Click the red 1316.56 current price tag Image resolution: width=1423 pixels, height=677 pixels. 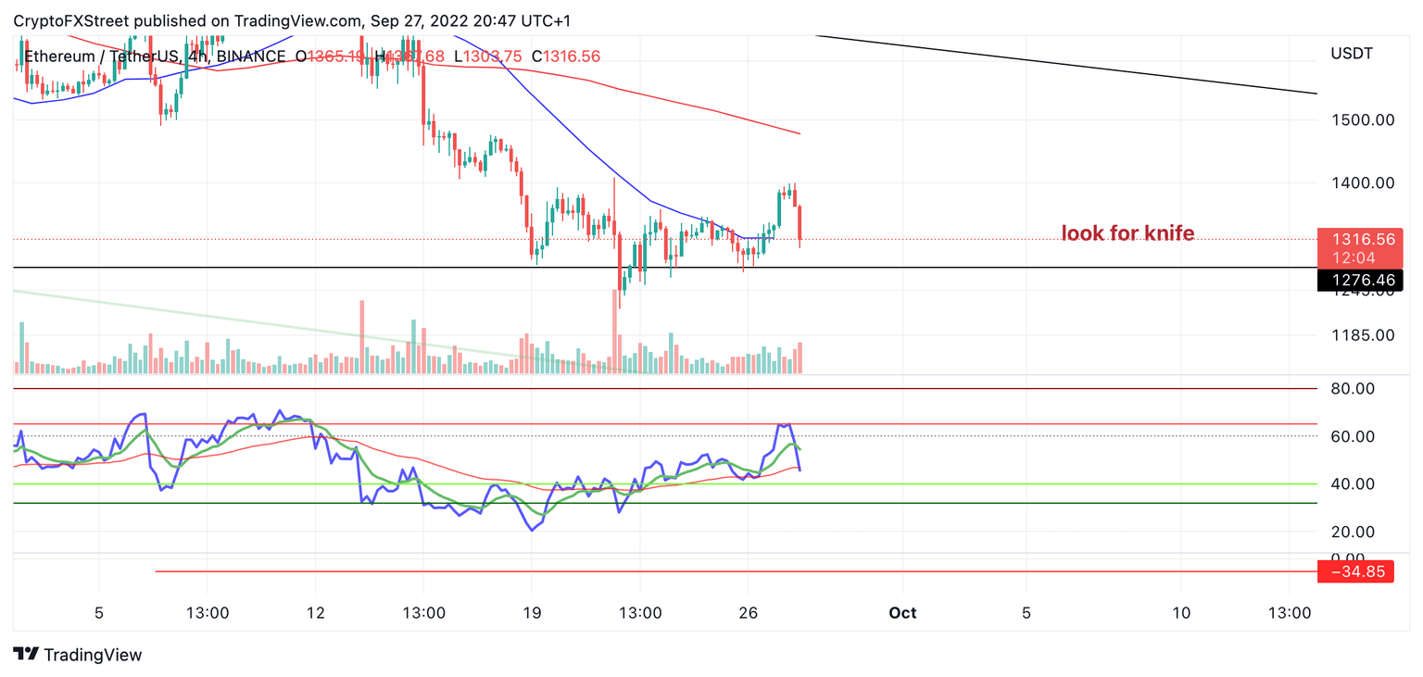point(1359,239)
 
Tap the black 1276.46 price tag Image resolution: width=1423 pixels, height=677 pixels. point(1359,280)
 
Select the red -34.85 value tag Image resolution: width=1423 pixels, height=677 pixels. point(1359,572)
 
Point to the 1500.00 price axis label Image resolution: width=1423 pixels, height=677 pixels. point(1362,119)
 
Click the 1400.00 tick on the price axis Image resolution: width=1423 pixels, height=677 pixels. point(1362,182)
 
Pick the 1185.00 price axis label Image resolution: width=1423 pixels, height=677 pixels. point(1362,335)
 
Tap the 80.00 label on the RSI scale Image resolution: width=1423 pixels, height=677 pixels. point(1353,388)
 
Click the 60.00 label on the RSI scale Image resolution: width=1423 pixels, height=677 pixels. point(1353,436)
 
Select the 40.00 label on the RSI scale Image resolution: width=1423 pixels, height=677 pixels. point(1353,483)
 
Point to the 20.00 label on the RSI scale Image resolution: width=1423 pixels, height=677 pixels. point(1353,532)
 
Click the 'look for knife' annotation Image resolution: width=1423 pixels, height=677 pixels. point(1127,233)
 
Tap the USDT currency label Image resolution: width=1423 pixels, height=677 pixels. point(1351,53)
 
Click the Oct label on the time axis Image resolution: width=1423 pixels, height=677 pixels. point(902,613)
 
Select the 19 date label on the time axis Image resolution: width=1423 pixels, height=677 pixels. point(532,613)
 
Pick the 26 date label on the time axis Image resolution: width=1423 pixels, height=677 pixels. point(749,613)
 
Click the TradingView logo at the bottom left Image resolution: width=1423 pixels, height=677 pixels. point(79,655)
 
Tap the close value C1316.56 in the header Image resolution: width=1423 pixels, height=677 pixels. point(565,56)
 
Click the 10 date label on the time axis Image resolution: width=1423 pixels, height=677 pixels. point(1180,613)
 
